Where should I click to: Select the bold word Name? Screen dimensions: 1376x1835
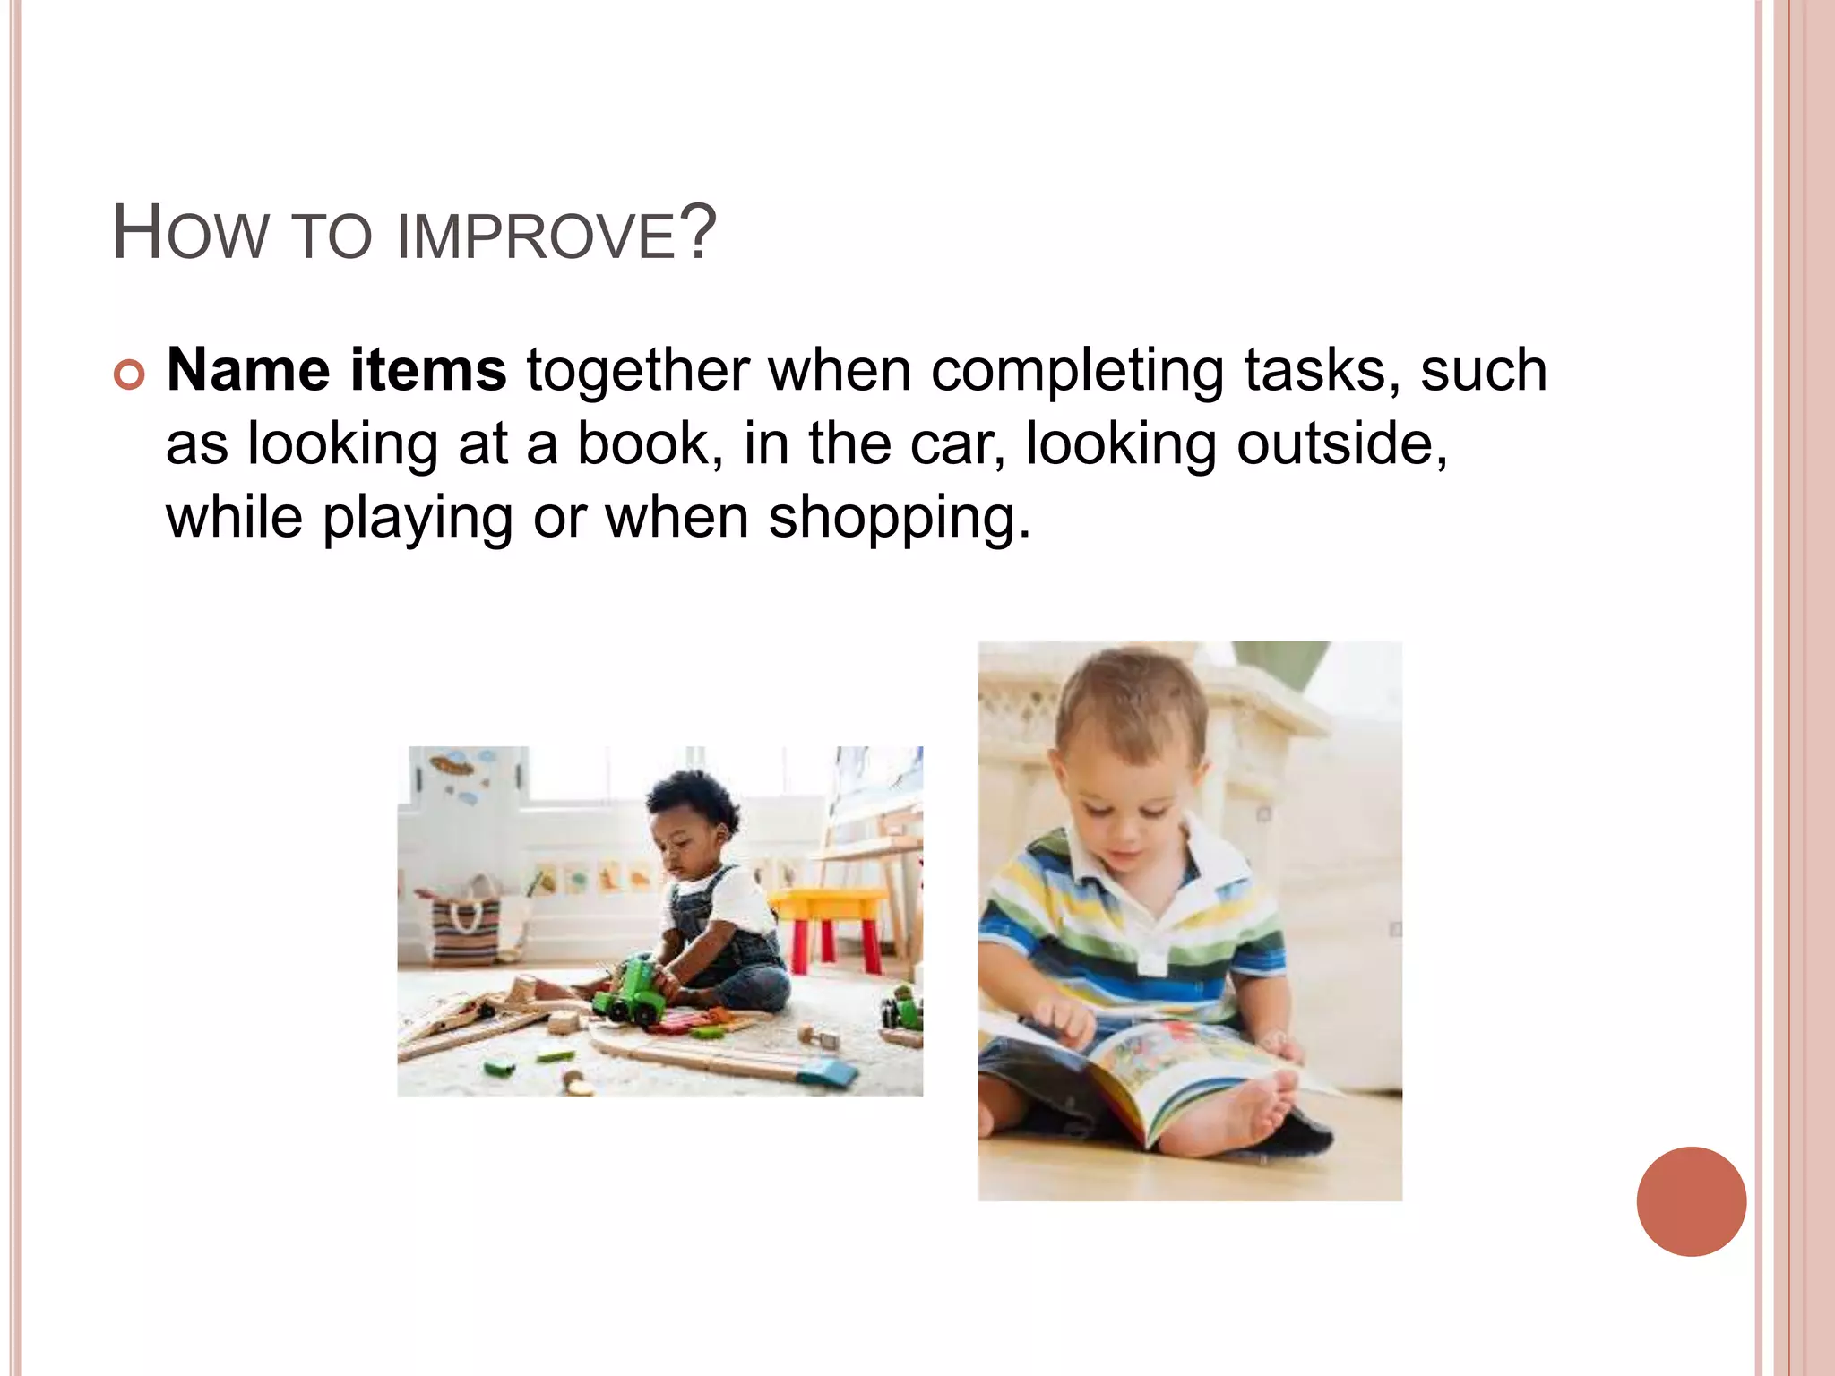[x=248, y=370]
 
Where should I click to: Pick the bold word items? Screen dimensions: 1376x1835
[x=427, y=370]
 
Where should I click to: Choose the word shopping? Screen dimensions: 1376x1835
[x=899, y=520]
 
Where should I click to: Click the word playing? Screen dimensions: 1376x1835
[x=417, y=520]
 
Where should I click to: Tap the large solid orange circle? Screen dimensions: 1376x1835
[x=1691, y=1201]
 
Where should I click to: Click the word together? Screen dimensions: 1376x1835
[x=637, y=370]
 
